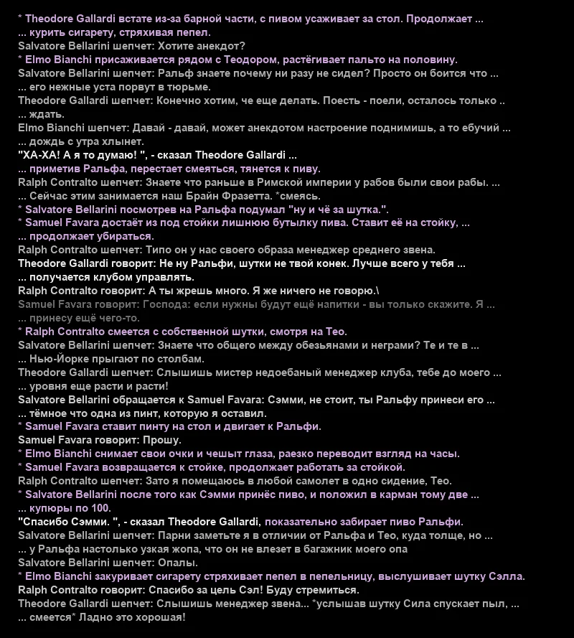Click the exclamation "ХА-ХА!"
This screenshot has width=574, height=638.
pyautogui.click(x=39, y=155)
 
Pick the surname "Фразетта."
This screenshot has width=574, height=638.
pyautogui.click(x=242, y=196)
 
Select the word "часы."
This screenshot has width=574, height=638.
pyautogui.click(x=444, y=454)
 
